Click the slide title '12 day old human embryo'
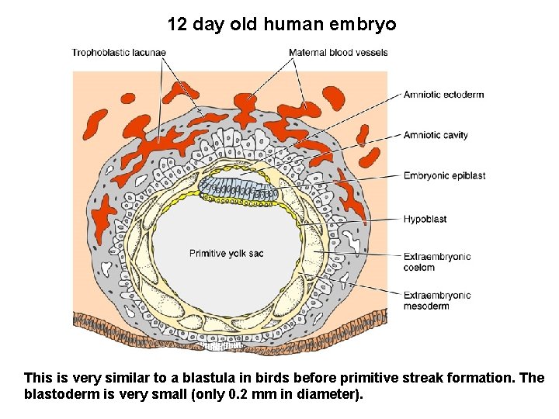tap(281, 24)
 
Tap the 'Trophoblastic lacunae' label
tap(119, 53)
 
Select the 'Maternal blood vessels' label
tap(338, 53)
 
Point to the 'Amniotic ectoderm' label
tap(443, 95)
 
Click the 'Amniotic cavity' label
tap(436, 135)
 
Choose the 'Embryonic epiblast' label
tap(444, 176)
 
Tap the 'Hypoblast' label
tap(425, 220)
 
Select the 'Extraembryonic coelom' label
tap(437, 262)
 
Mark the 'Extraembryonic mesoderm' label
tap(437, 300)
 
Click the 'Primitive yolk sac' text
tap(227, 254)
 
